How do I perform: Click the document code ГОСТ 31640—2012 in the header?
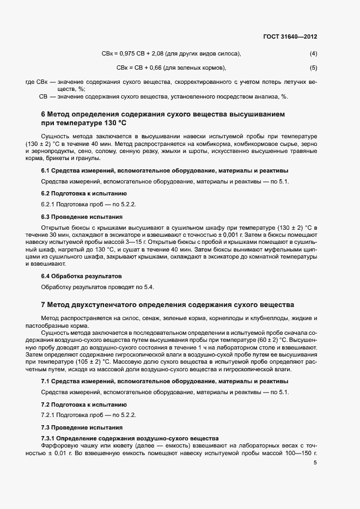289,36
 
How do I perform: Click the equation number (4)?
313,53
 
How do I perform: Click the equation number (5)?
313,68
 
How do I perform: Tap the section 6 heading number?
44,114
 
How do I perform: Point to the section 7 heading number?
44,304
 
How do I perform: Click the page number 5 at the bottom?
315,463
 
